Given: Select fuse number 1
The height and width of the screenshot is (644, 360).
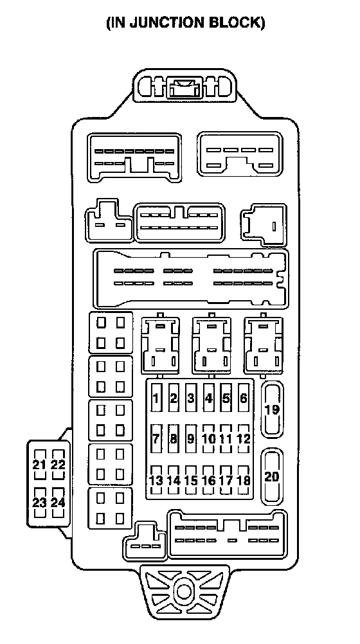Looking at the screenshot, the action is point(156,398).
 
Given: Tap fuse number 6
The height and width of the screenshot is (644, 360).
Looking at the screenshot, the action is point(243,398).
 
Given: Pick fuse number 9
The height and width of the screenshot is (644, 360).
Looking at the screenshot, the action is point(191,438).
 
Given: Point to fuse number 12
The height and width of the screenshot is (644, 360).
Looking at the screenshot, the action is point(243,438).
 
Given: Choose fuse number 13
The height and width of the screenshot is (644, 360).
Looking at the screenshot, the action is point(156,480).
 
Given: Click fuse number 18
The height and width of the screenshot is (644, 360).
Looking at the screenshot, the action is point(243,480).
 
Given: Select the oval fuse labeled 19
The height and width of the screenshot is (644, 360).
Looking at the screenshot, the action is point(273,409).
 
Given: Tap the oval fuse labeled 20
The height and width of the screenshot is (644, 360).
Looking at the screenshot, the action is point(272,477).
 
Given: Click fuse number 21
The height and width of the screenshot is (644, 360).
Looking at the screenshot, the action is point(39,465).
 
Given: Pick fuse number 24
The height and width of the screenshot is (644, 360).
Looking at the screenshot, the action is point(58,503).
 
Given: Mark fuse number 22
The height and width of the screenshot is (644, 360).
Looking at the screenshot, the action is point(58,465).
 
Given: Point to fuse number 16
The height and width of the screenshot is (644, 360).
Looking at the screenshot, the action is point(208,480).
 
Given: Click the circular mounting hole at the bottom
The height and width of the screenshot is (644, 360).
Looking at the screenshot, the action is point(183,591).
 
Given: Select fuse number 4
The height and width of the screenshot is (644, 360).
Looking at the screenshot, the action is point(208,398).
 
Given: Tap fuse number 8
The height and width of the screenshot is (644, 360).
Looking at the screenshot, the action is point(174,438).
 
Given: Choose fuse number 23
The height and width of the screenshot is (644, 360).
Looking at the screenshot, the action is point(39,503).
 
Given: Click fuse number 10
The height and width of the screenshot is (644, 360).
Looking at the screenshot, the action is point(208,438).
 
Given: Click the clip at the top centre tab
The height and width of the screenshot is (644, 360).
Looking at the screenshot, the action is point(184,88).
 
